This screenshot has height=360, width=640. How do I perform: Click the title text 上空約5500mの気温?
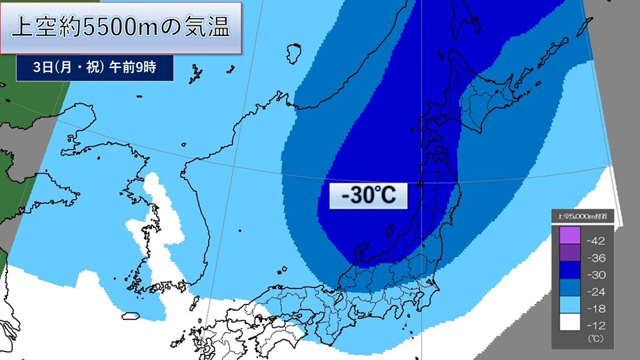[121, 28]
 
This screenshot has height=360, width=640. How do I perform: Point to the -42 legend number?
[595, 239]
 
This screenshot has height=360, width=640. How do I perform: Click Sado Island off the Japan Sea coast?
[389, 231]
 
